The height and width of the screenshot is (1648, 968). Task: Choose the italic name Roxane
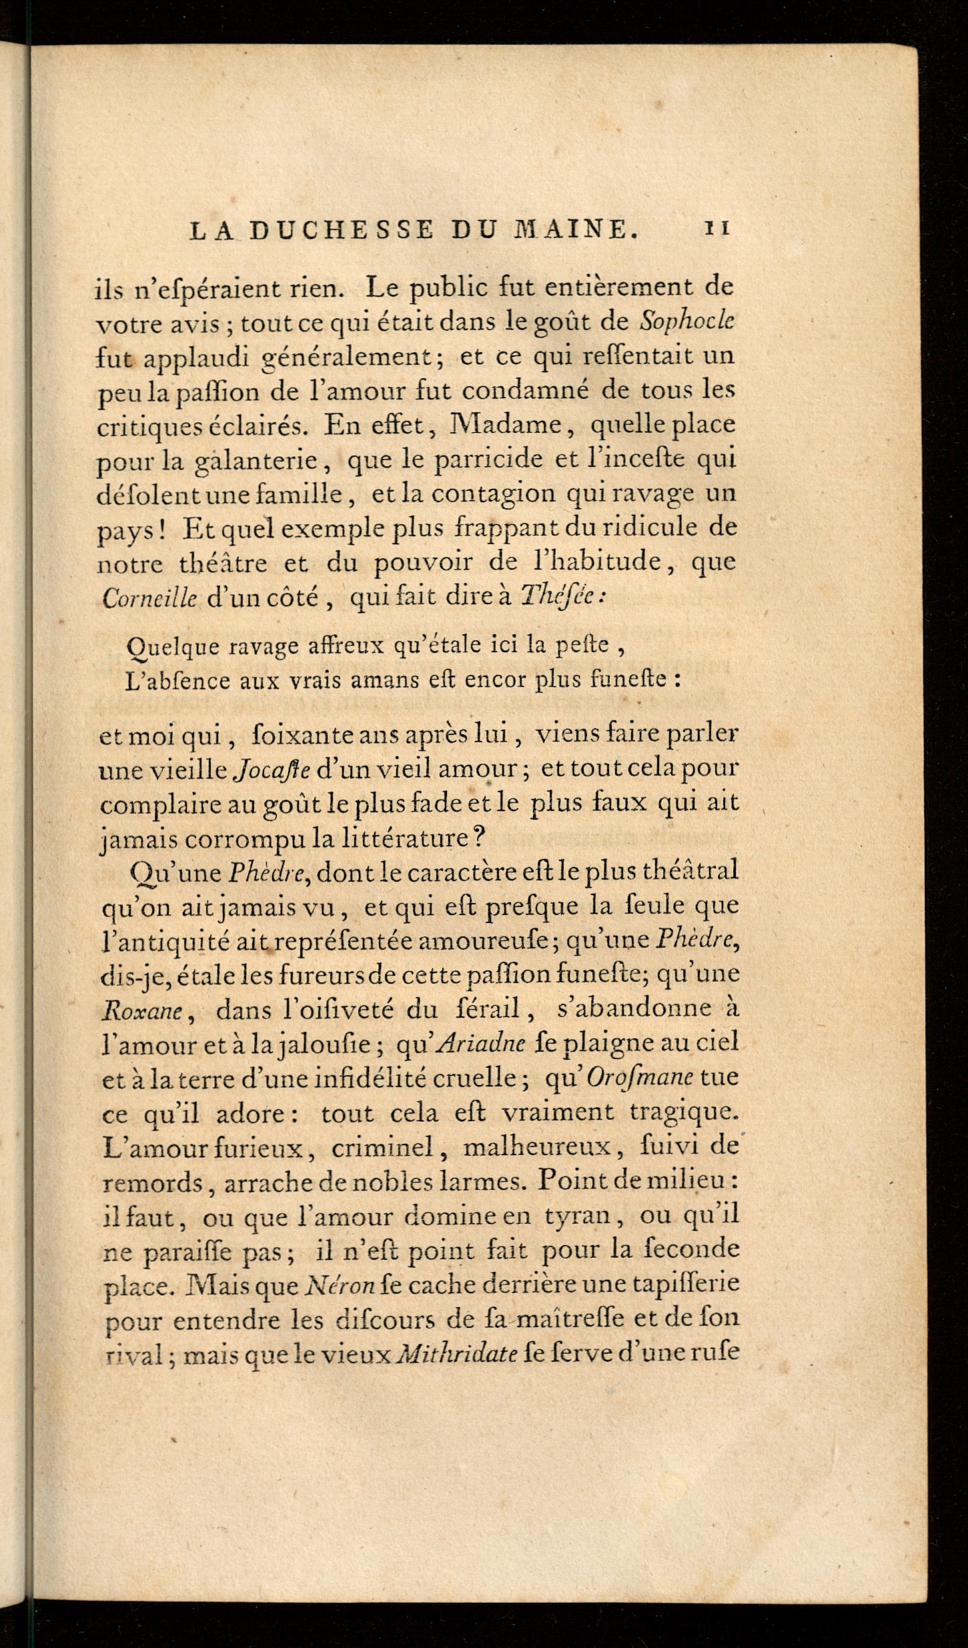(143, 1012)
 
